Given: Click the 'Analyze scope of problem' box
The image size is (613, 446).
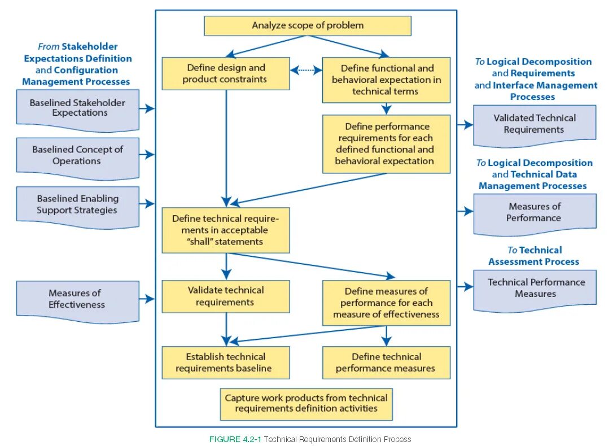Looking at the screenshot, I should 308,25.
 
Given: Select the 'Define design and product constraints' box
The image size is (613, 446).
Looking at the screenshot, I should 226,73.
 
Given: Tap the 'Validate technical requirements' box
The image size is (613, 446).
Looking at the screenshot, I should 226,296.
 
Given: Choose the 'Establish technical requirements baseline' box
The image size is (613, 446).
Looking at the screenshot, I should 226,362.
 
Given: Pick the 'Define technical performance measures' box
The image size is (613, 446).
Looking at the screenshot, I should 386,362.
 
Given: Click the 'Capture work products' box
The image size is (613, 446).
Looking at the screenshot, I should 306,404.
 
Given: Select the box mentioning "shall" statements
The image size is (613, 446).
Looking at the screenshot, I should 226,230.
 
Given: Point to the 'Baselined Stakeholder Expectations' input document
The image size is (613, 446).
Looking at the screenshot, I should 77,108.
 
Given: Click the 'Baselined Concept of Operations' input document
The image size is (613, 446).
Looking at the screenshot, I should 77,156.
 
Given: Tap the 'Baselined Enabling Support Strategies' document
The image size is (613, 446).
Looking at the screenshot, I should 77,205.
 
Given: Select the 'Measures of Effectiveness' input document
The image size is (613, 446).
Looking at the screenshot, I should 77,299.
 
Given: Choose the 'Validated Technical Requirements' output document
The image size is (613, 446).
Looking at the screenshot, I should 534,124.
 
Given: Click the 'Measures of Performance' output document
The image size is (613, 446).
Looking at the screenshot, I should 534,213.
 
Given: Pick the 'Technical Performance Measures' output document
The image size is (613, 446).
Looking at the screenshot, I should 534,288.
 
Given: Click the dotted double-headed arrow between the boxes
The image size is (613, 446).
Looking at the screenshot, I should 306,70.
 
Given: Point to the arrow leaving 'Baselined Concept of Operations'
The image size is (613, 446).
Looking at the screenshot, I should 147,155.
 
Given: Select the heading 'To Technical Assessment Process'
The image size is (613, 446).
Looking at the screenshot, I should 534,256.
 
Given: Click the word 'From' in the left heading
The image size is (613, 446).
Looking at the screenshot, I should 49,47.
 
